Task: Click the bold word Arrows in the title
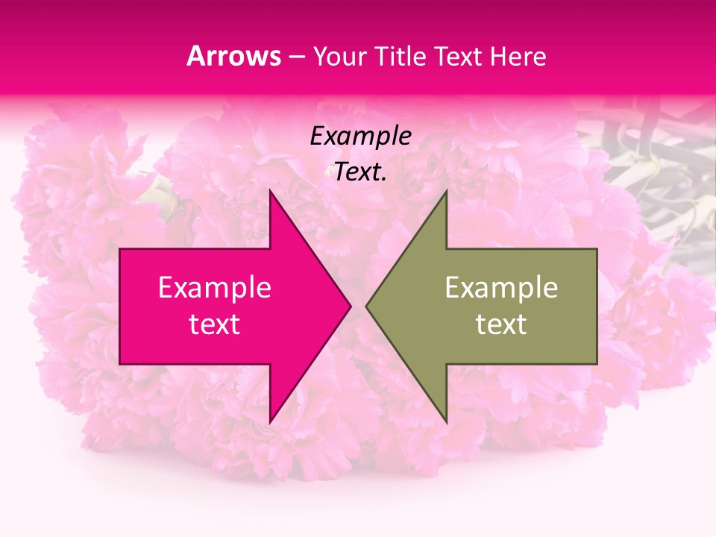[x=233, y=56]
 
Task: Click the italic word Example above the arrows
[x=361, y=136]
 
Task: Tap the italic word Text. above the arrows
[x=361, y=172]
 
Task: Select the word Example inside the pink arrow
[x=215, y=288]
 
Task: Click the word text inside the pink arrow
[x=215, y=324]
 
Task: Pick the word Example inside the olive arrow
[x=501, y=288]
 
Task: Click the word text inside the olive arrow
[x=501, y=324]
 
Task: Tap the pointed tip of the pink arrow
[x=348, y=306]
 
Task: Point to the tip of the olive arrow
[x=368, y=306]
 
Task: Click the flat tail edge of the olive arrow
[x=596, y=306]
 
